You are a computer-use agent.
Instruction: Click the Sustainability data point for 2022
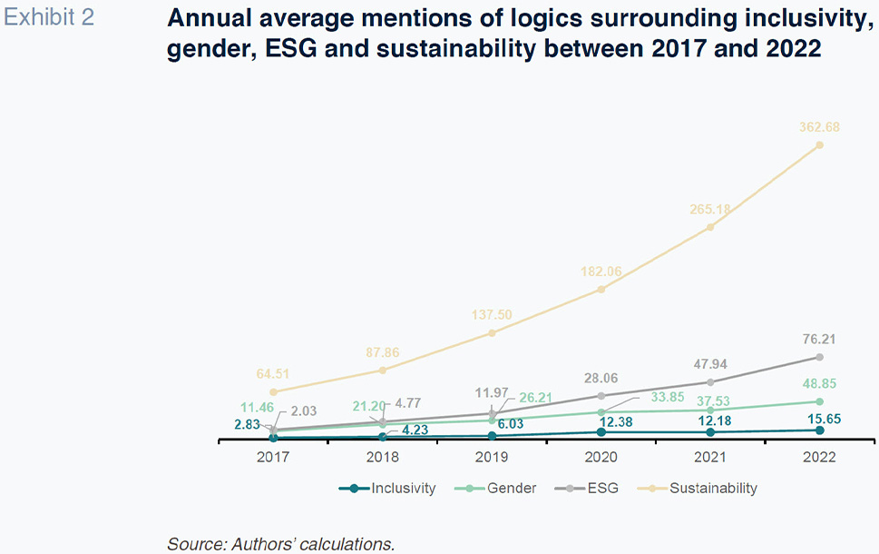pyautogui.click(x=819, y=144)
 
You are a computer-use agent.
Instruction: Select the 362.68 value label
pyautogui.click(x=819, y=127)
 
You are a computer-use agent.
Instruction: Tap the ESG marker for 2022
pyautogui.click(x=819, y=357)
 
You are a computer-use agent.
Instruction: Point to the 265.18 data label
pyautogui.click(x=709, y=210)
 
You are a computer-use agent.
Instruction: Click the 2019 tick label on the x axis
pyautogui.click(x=492, y=458)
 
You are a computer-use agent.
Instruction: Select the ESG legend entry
pyautogui.click(x=591, y=489)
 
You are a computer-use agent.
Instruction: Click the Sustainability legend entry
pyautogui.click(x=701, y=489)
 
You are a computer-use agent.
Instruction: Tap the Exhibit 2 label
pyautogui.click(x=49, y=17)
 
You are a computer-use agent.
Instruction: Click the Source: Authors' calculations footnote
pyautogui.click(x=281, y=544)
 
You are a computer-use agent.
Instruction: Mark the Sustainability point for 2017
pyautogui.click(x=273, y=391)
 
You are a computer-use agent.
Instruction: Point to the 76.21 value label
pyautogui.click(x=819, y=340)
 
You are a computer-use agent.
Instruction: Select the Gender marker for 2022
pyautogui.click(x=819, y=401)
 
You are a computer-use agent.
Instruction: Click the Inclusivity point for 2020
pyautogui.click(x=601, y=431)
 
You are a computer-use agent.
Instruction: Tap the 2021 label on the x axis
pyautogui.click(x=709, y=458)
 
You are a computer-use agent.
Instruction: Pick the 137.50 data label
pyautogui.click(x=492, y=315)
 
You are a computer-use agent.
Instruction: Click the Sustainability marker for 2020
pyautogui.click(x=601, y=290)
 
